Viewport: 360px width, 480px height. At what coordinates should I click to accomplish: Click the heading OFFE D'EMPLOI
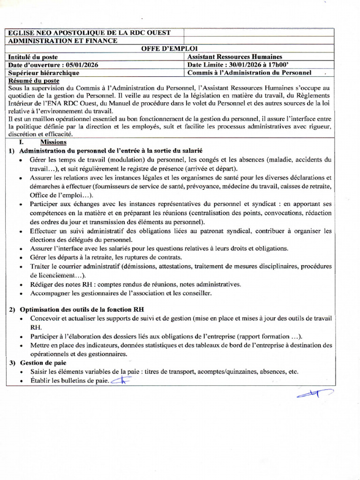click(x=170, y=48)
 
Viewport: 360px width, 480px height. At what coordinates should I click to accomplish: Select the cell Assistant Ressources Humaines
click(x=235, y=57)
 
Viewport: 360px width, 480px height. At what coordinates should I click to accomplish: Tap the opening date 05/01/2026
click(x=82, y=65)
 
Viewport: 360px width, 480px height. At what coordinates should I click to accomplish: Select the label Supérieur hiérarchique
click(x=44, y=73)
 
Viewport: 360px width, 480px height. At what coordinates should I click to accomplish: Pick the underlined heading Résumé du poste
click(x=31, y=81)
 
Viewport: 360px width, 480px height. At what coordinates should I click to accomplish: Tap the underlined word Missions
click(x=53, y=142)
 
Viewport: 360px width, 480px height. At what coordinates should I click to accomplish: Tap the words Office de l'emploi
click(x=60, y=195)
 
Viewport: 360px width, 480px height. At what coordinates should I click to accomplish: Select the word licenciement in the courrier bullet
click(x=52, y=275)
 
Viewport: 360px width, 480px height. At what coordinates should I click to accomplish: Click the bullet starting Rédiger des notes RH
click(x=135, y=284)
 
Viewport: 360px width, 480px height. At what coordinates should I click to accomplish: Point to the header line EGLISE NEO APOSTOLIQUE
click(x=89, y=32)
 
